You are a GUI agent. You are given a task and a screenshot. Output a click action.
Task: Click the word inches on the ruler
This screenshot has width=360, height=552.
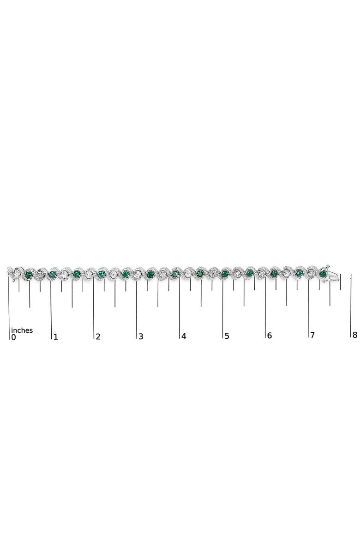click(22, 330)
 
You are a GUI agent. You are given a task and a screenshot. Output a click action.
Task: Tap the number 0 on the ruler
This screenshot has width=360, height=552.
click(13, 337)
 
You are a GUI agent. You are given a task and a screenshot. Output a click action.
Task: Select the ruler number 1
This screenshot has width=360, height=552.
click(56, 337)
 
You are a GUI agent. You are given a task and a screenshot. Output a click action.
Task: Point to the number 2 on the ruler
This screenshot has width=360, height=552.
click(98, 336)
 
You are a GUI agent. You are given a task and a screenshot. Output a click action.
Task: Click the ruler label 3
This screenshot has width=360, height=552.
click(141, 336)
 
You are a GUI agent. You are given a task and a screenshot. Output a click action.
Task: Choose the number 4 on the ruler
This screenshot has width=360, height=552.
click(184, 336)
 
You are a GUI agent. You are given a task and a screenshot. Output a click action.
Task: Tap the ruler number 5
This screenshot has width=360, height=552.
click(227, 336)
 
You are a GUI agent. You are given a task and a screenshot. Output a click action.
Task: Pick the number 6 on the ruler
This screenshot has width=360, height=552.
click(270, 336)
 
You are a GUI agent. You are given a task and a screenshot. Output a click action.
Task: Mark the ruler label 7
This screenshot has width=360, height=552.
click(312, 335)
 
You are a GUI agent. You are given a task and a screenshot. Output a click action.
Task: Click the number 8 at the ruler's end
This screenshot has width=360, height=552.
click(354, 335)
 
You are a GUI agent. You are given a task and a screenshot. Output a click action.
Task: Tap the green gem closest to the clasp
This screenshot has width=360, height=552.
click(323, 274)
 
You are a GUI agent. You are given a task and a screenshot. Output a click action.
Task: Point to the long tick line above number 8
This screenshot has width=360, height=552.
click(351, 305)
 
